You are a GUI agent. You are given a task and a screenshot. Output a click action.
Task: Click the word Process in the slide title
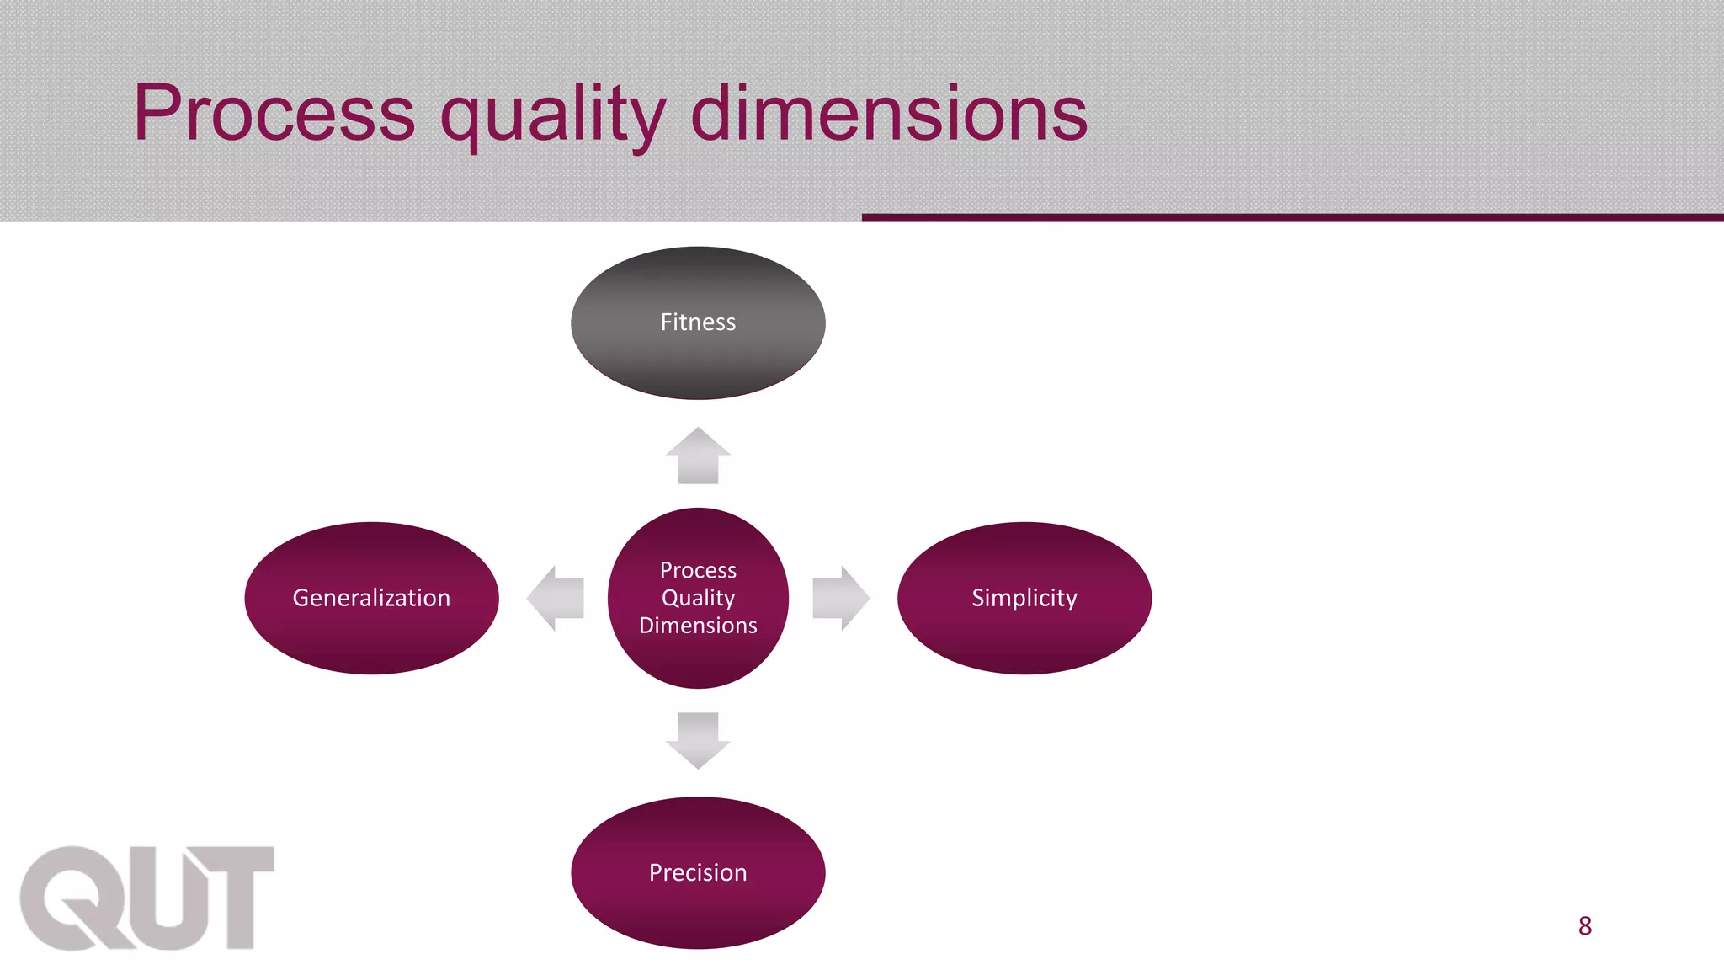pos(274,113)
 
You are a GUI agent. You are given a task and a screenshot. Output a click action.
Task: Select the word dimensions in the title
pos(889,113)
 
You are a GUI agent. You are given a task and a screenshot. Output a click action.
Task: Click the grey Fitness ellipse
pos(698,322)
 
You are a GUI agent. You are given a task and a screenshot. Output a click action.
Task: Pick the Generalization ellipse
pos(371,598)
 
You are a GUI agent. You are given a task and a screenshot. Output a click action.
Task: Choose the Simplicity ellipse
pos(1024,598)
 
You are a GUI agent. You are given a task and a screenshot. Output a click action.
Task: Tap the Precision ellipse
pos(698,872)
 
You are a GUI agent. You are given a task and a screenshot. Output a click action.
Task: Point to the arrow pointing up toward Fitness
pos(698,456)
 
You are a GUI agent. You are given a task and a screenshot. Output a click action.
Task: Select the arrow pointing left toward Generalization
pos(556,598)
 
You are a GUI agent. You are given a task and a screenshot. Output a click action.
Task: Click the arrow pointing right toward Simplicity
pos(840,598)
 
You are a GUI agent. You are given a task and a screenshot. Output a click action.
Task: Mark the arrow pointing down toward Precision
pos(698,740)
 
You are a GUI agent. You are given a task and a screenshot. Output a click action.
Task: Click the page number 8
pos(1585,926)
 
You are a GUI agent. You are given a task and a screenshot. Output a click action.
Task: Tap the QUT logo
pos(147,898)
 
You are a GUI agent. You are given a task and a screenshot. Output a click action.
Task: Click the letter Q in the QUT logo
pos(72,898)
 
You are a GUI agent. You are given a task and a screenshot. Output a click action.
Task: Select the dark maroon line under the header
pos(1292,217)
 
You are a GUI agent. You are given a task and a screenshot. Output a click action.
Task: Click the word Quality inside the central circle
pos(698,598)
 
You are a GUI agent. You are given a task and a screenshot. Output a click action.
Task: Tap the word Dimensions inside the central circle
pos(698,626)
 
